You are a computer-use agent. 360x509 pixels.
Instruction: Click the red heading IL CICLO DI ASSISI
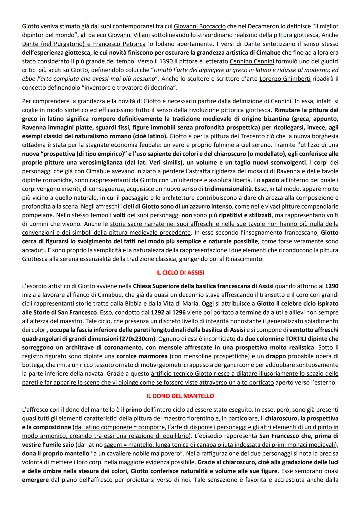(180, 272)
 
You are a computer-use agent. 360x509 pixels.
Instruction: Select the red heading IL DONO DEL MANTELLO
(180, 396)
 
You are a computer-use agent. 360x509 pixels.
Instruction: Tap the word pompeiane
(37, 215)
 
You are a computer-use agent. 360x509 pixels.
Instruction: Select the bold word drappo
(276, 356)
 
